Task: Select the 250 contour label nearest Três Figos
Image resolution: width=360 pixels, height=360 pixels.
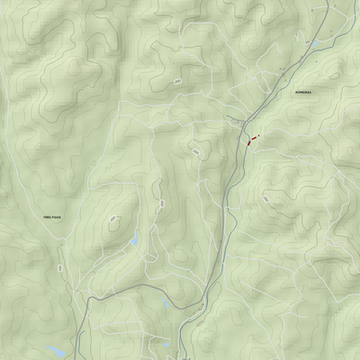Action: pos(112,218)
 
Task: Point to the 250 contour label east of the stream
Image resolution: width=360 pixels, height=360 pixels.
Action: pos(266,196)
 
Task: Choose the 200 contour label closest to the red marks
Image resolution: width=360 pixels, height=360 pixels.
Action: pos(195,154)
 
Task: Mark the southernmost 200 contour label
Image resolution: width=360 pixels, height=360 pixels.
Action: pos(162,204)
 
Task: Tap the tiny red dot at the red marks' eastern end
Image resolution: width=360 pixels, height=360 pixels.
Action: pos(260,136)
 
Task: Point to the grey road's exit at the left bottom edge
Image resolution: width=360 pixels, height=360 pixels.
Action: pos(76,357)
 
